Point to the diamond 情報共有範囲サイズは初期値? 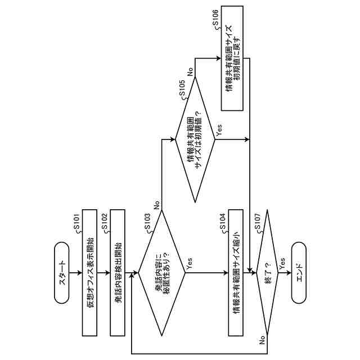[x=195, y=139]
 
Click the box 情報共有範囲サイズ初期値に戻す [x=232, y=58]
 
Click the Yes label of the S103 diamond [x=189, y=265]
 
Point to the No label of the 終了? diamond [x=262, y=340]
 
